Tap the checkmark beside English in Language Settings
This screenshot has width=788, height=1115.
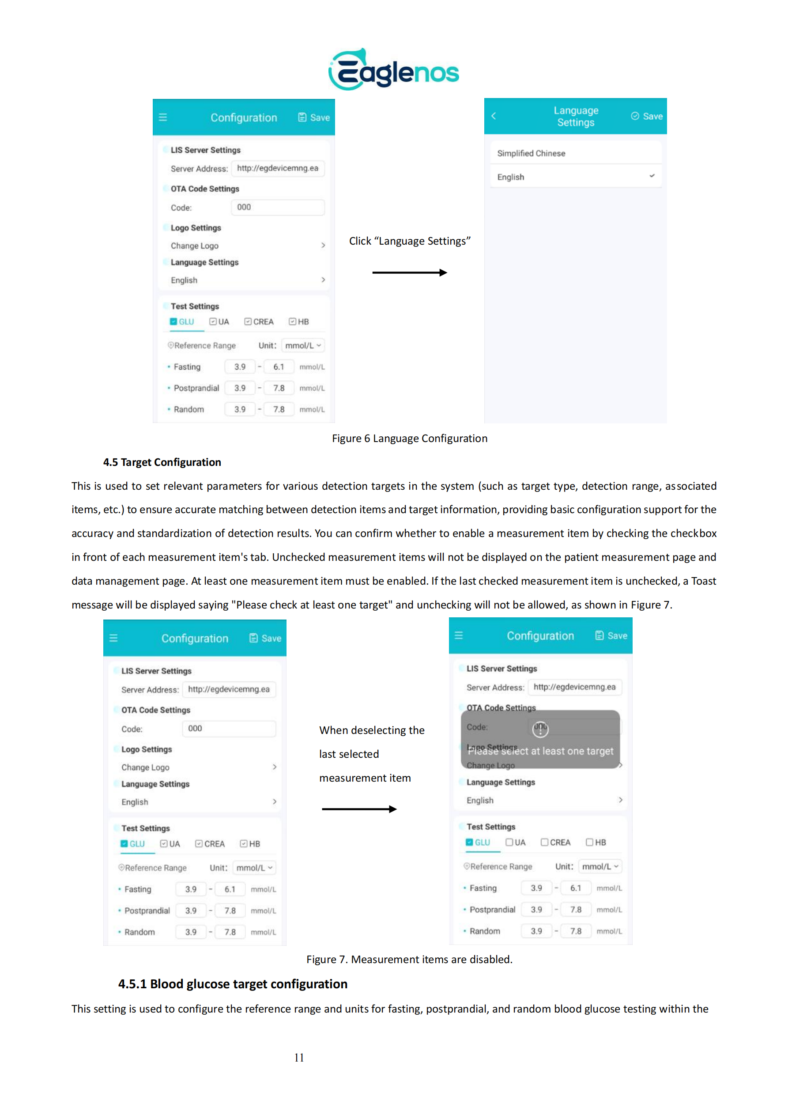point(652,176)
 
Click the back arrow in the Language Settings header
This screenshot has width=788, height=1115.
point(494,116)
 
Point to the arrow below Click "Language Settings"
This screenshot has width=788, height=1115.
point(409,273)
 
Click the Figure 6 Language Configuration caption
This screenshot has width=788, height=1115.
point(409,438)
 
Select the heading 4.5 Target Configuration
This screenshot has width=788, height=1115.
point(162,462)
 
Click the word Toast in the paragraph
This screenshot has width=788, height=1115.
point(703,581)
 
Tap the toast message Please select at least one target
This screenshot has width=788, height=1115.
point(540,751)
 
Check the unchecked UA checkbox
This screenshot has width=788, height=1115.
point(509,843)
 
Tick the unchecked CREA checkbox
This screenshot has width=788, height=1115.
point(545,843)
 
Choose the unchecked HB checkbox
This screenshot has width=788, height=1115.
point(589,843)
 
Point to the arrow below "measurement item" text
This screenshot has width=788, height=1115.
point(359,809)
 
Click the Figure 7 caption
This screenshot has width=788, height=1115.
point(409,960)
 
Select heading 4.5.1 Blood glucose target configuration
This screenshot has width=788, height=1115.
point(233,984)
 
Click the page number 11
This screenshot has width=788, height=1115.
point(299,1058)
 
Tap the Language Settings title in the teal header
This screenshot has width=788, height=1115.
point(576,117)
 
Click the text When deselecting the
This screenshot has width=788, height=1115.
point(371,730)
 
